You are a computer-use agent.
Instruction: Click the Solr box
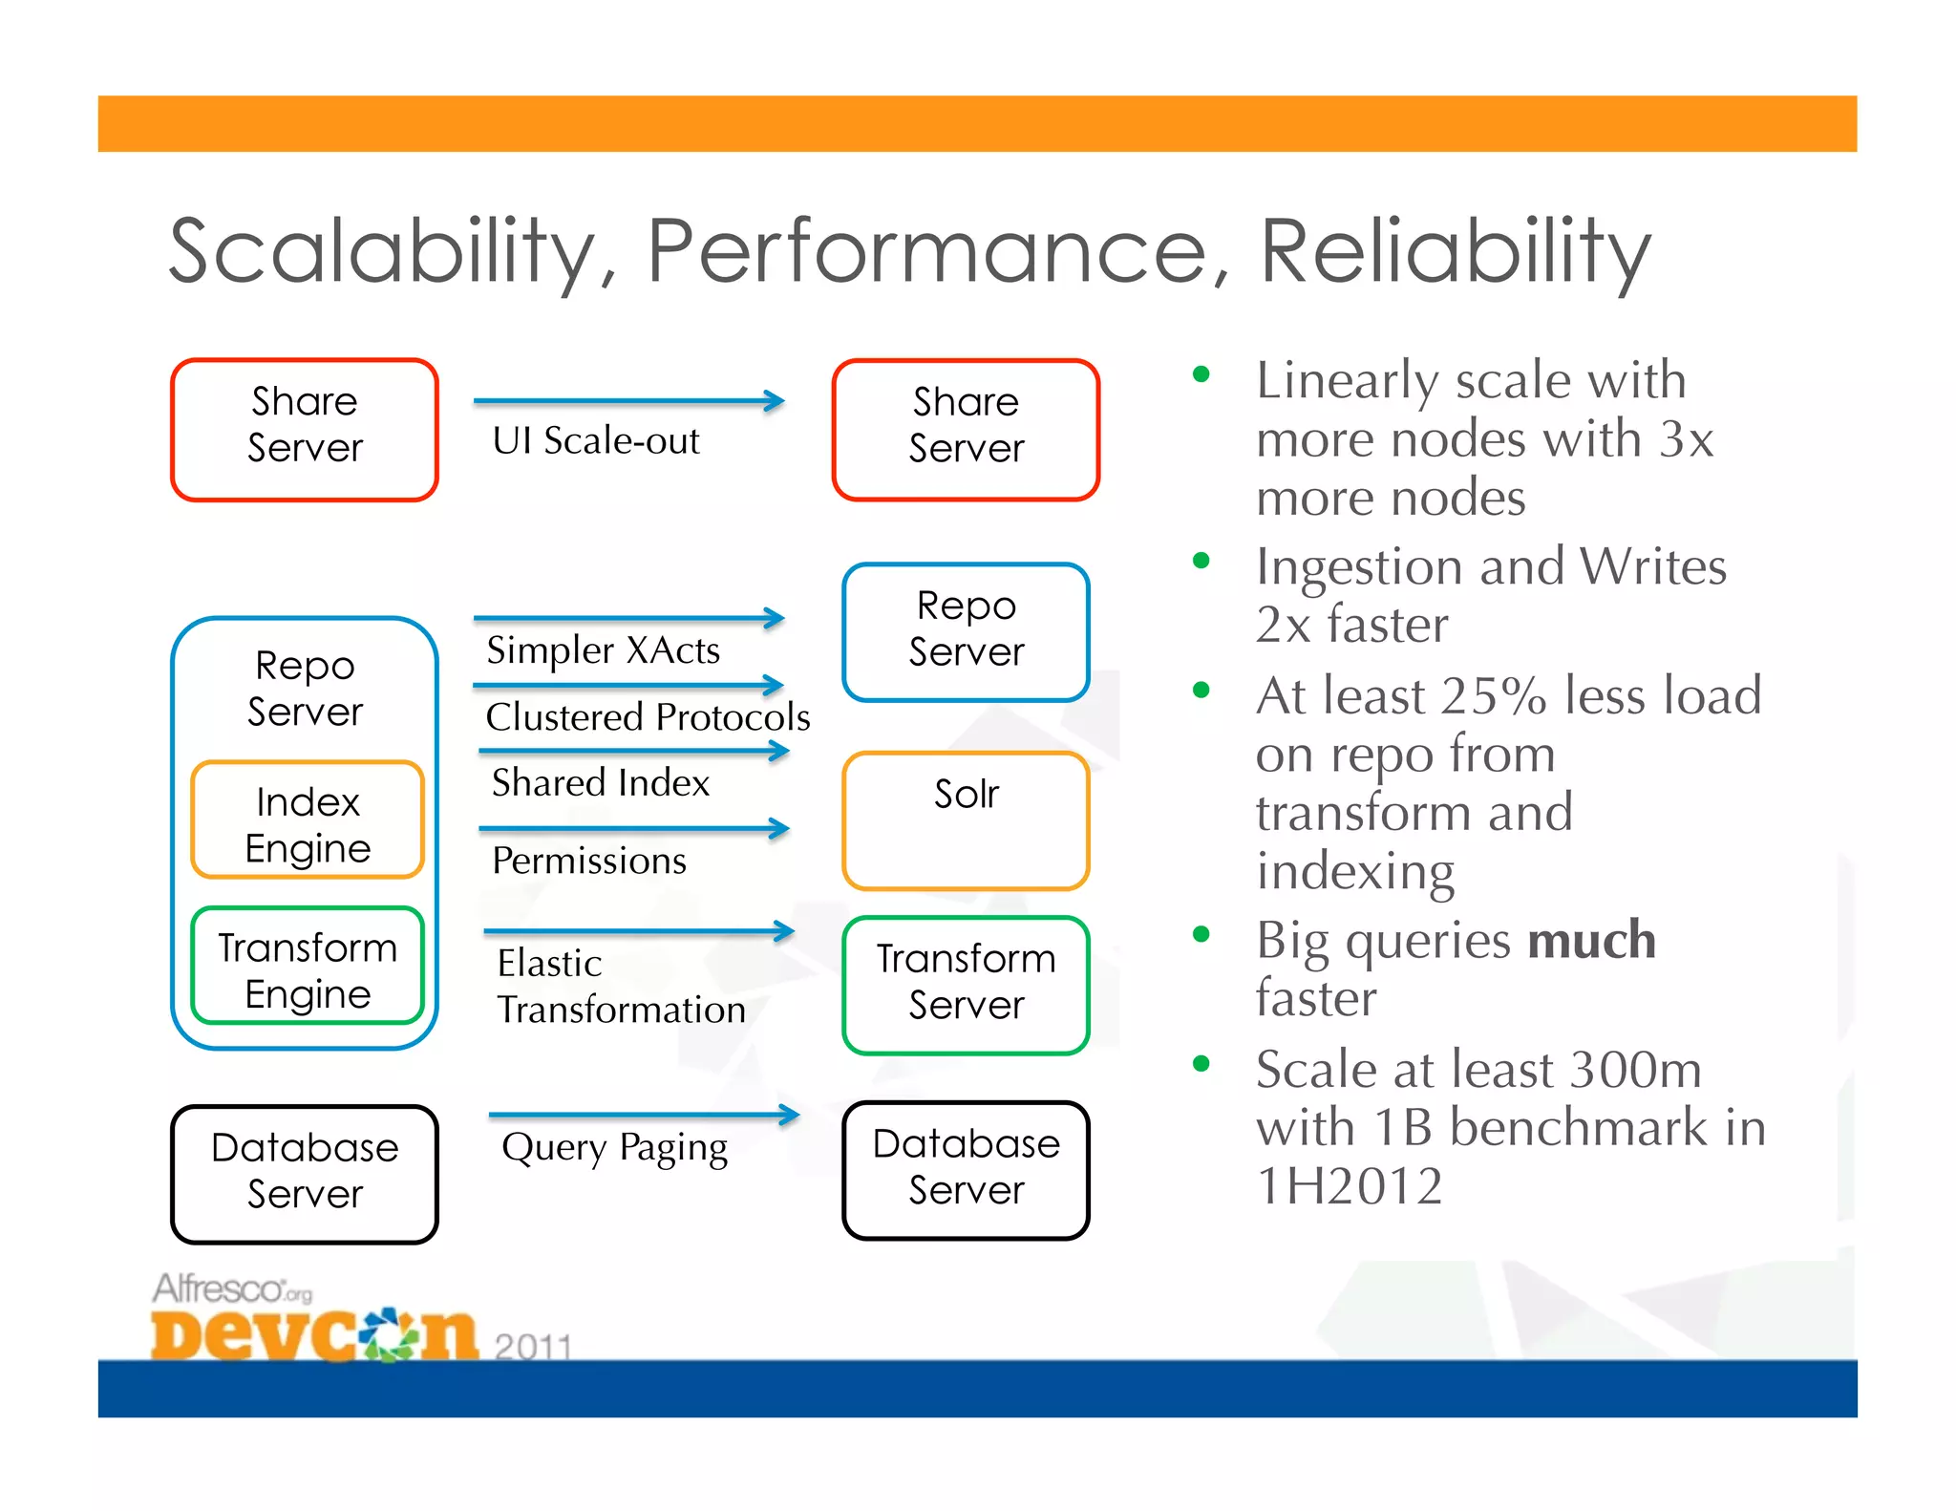point(966,820)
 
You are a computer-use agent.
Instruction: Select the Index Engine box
point(308,820)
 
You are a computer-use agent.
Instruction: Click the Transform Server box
point(966,984)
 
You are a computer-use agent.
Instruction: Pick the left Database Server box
point(305,1173)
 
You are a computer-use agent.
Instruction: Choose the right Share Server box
point(966,429)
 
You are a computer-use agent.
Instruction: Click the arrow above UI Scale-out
point(628,401)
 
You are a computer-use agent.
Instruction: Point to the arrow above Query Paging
point(644,1115)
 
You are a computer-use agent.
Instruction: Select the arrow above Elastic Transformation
point(639,931)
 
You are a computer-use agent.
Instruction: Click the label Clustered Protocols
point(648,716)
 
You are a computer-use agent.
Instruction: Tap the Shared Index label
point(601,782)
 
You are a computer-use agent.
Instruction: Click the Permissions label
point(589,861)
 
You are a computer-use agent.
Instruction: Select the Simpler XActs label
point(603,649)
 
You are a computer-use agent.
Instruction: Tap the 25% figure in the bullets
point(1493,694)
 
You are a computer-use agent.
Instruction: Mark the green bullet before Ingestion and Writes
point(1201,561)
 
